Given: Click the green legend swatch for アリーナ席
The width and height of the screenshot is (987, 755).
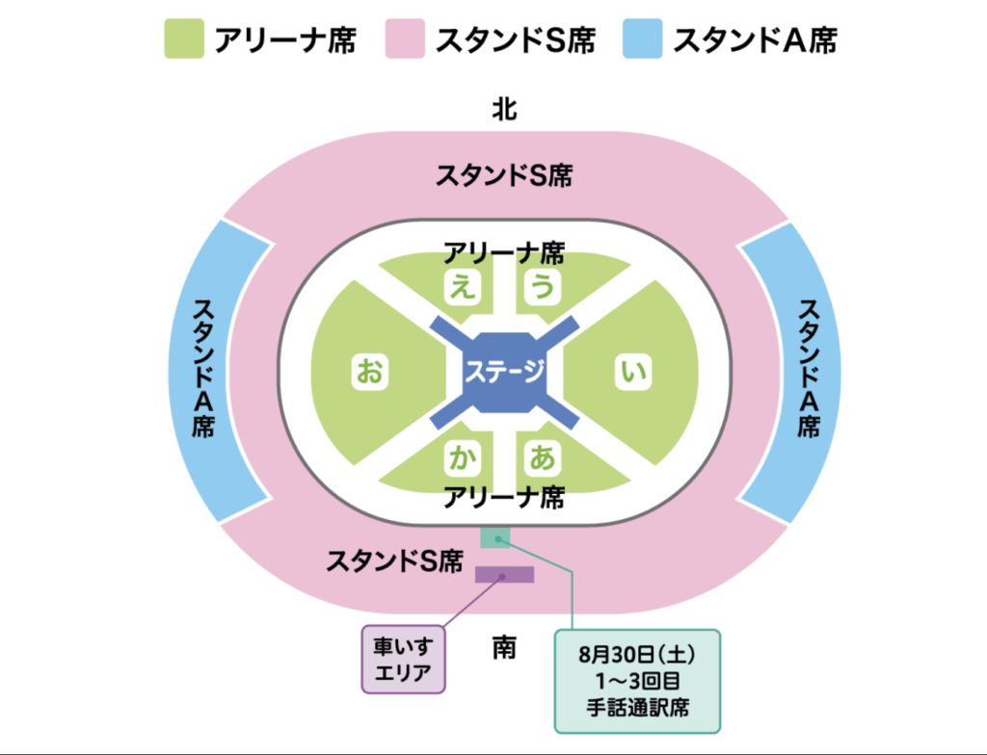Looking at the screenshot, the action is (184, 39).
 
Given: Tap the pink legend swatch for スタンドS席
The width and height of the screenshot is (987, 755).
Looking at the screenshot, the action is (405, 39).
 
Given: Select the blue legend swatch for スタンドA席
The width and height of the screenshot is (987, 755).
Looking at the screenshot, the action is (642, 39).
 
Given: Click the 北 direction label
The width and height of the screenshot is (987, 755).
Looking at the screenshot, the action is (504, 109).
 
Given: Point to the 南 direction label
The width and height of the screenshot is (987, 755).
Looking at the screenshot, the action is (504, 647).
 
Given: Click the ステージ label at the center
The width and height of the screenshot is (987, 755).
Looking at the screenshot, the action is (504, 370).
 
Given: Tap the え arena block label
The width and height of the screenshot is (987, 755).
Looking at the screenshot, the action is (464, 287).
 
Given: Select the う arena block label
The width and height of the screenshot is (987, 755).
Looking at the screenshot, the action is (543, 287).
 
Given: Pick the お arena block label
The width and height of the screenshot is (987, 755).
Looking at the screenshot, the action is (369, 371).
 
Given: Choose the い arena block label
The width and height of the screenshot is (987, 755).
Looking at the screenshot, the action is (632, 371).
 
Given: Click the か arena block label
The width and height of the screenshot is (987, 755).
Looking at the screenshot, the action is (464, 457).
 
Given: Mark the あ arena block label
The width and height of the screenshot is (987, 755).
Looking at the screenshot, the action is (543, 457).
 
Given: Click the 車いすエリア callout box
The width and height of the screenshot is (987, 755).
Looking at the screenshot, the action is (404, 660).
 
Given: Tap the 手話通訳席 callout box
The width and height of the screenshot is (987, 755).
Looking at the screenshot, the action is (637, 682).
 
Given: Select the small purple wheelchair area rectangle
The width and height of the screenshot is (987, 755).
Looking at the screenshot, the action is (504, 574).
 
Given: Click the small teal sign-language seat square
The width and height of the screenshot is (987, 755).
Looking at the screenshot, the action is (495, 538).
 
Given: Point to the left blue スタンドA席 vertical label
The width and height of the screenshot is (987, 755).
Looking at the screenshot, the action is (203, 368).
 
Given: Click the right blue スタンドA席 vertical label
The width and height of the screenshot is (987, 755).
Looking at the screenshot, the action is (809, 368).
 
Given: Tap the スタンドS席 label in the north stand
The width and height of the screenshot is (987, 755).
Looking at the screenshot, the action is (504, 175).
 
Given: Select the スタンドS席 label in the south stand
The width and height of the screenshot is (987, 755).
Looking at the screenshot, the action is (394, 560).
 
